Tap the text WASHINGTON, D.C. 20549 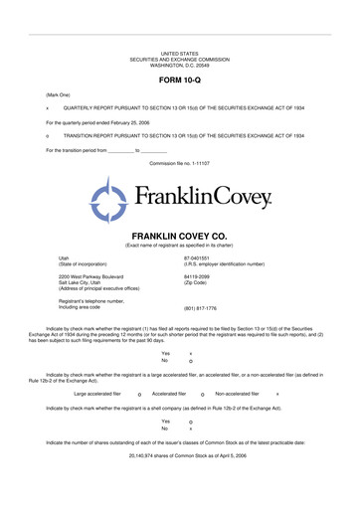(180, 64)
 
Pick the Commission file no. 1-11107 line (180, 162)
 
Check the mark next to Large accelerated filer (139, 395)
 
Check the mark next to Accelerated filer (202, 395)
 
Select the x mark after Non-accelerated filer (277, 395)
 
